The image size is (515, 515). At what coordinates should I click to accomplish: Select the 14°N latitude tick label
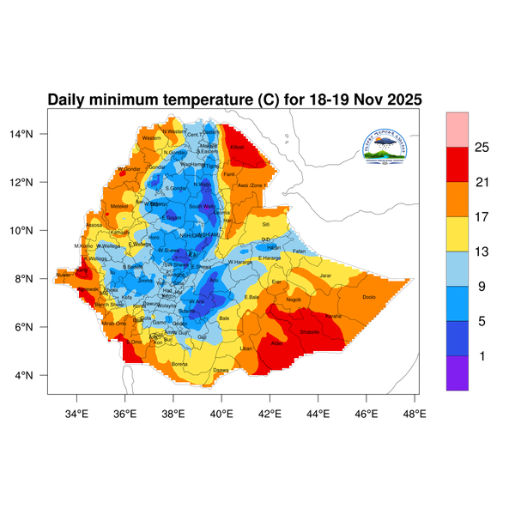[33, 134]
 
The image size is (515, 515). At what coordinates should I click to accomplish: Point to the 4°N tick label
[34, 375]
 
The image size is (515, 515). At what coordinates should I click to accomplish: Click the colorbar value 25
[482, 148]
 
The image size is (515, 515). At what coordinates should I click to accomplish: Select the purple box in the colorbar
[457, 373]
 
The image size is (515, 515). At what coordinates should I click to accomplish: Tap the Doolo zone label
[369, 297]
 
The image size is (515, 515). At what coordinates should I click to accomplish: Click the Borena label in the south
[179, 364]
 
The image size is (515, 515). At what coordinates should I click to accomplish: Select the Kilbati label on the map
[238, 148]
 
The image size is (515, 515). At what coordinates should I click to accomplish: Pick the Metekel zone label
[119, 206]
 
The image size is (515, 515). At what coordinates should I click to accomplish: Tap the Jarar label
[325, 275]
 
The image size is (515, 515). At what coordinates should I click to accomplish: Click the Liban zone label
[246, 348]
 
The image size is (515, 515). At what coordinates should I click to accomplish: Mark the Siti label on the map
[265, 223]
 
